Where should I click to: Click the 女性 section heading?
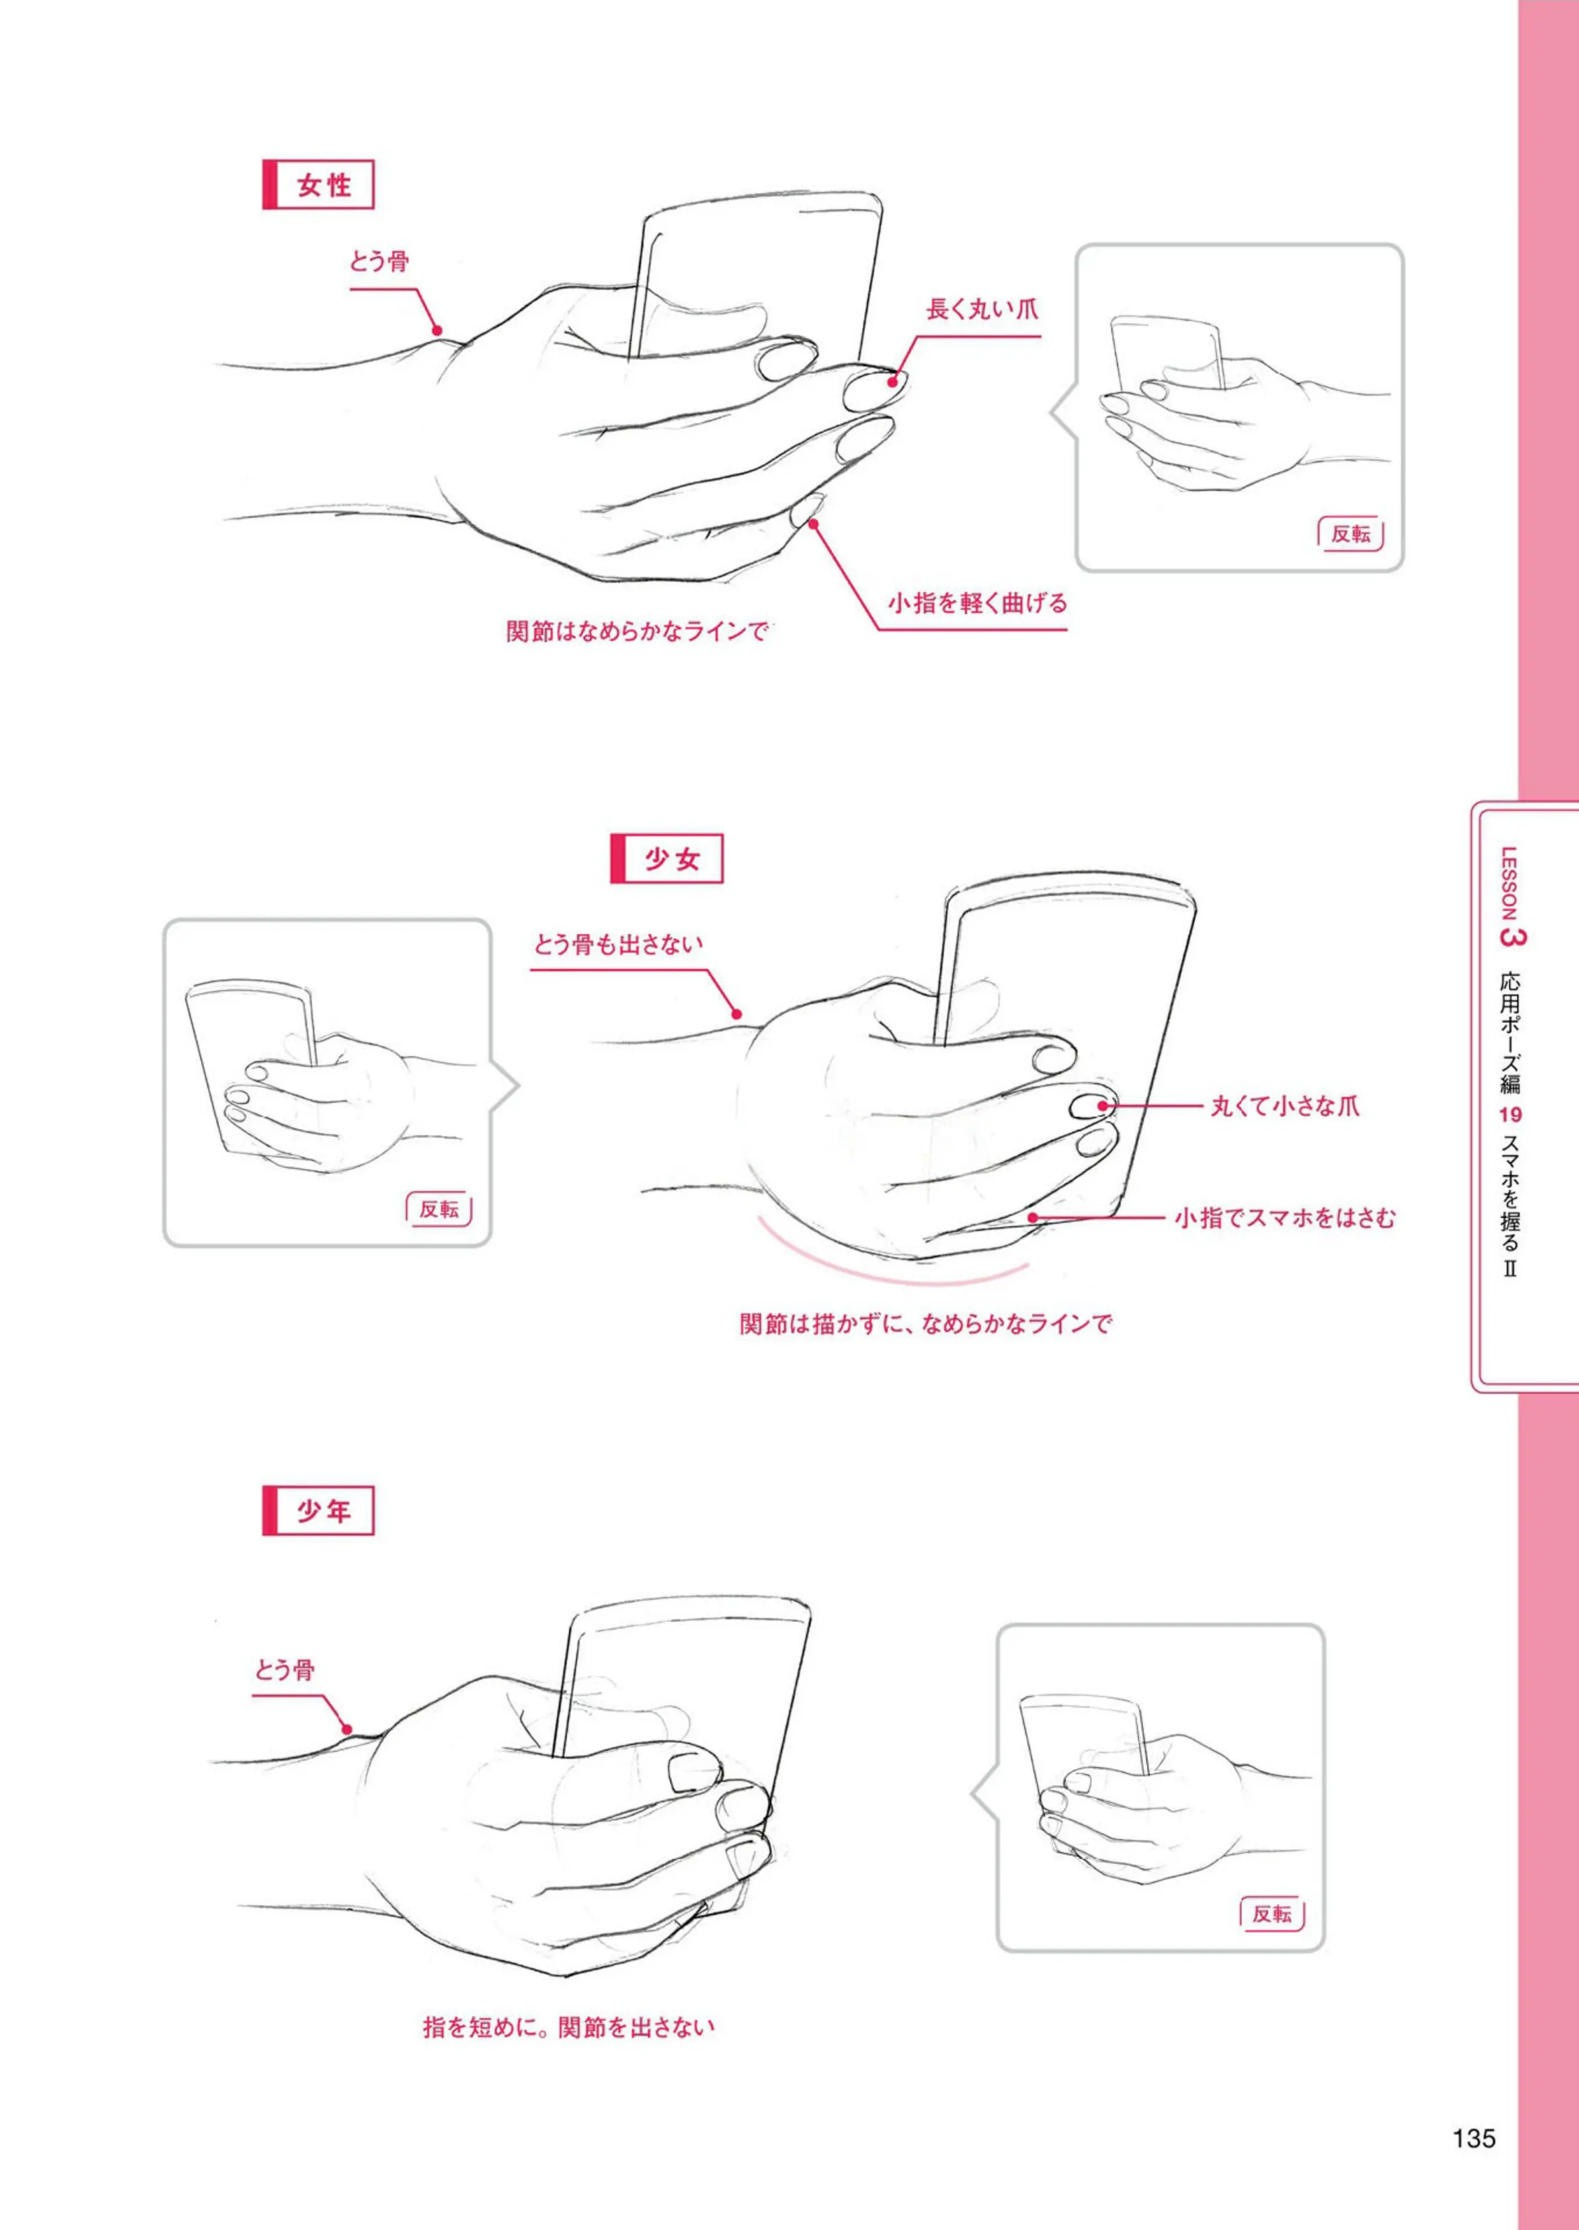(318, 184)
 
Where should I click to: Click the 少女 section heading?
(667, 858)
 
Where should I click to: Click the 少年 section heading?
(318, 1511)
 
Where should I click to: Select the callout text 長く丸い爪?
(982, 310)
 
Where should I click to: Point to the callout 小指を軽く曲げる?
(977, 603)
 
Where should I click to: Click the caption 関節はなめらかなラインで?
(637, 631)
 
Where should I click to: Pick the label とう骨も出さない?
(618, 944)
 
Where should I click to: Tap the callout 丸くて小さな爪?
(1284, 1105)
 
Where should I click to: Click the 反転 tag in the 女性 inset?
(1350, 534)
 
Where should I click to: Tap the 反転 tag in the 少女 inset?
(438, 1209)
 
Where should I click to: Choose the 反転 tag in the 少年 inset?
(1272, 1913)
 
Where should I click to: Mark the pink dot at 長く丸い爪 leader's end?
(891, 383)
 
